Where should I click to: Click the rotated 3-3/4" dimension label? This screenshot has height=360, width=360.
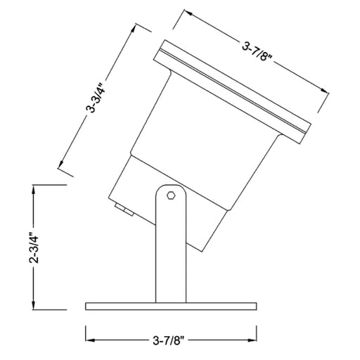(96, 98)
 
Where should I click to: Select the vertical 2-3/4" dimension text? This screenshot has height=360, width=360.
(34, 248)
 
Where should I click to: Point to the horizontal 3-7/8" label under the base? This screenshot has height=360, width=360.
(169, 340)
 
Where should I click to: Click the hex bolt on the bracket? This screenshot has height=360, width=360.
(170, 195)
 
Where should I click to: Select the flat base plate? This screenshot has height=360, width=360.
(171, 306)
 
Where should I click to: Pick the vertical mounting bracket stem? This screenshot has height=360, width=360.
(171, 244)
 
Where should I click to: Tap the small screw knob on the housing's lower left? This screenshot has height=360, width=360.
(124, 210)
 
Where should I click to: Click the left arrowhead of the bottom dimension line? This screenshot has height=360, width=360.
(90, 340)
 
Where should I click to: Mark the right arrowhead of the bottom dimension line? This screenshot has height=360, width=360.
(252, 340)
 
